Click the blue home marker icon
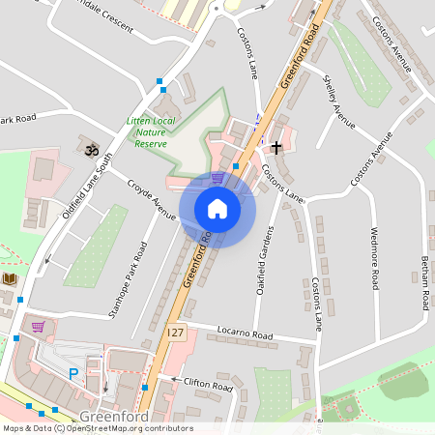pos(217,209)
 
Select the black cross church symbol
pos(277,147)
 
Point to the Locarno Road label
pos(246,333)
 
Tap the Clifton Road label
pos(208,385)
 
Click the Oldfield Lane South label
pos(88,185)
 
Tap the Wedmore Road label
pos(373,257)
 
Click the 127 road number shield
pos(174,332)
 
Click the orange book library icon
pos(10,279)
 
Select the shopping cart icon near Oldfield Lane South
pos(39,327)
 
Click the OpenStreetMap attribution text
pos(98,428)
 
